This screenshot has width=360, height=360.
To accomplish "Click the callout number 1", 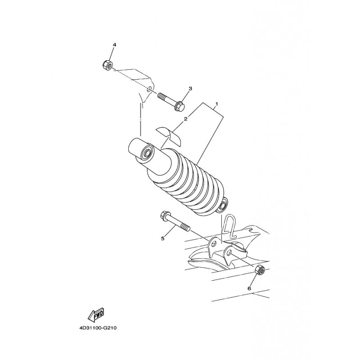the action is coord(216,104).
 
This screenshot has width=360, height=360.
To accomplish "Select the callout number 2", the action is coord(186,119).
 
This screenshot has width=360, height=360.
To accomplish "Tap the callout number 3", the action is coord(190,88).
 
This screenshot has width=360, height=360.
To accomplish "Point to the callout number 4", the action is coord(114,45).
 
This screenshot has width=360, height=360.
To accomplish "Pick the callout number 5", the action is coord(163,238).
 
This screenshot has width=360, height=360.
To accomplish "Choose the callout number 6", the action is coord(249,288).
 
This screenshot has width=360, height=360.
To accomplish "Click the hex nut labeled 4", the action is coord(107,64).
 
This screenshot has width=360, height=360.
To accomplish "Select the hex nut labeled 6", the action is coord(260,270).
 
